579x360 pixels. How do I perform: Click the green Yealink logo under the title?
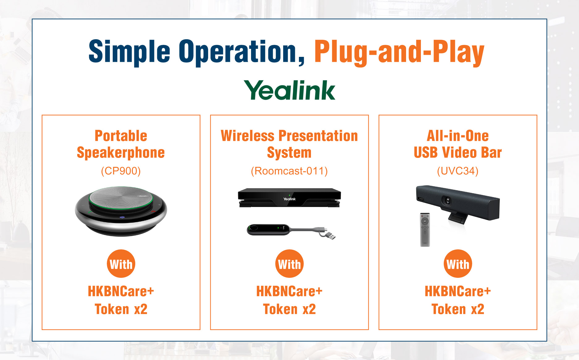pos(289,90)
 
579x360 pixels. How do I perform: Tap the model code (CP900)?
pos(121,171)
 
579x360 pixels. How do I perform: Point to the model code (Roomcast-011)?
pos(289,171)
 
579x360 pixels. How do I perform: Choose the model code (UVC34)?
pos(458,171)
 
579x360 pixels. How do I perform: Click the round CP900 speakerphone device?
pos(121,211)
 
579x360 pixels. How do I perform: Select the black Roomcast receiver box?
pos(289,197)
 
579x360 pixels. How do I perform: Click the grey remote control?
pos(425,230)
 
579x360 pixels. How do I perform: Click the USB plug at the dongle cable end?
pos(330,236)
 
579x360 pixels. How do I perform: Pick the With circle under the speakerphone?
pos(121,264)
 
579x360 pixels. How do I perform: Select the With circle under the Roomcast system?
pos(289,264)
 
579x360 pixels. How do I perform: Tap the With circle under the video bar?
pos(458,264)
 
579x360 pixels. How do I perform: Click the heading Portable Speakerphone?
pos(121,144)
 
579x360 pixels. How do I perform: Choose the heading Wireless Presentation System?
pos(289,144)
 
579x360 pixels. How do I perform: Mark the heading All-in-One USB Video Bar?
pos(458,144)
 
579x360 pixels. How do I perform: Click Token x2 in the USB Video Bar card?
pos(458,309)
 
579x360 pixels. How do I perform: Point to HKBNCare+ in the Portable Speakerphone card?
pos(121,291)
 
